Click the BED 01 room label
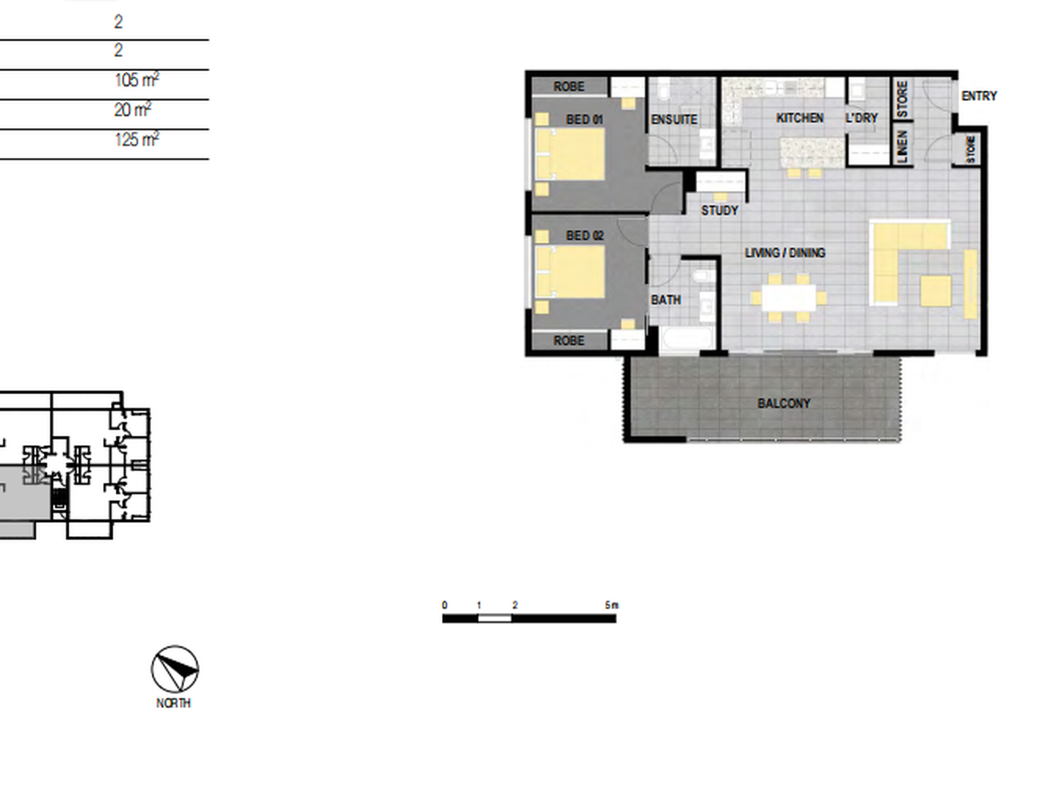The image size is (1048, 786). click(585, 120)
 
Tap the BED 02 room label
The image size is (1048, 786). click(585, 236)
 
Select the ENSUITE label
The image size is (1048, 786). click(674, 120)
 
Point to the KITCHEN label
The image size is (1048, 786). click(800, 118)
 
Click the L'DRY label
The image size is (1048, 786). click(862, 118)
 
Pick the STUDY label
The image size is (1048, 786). click(720, 211)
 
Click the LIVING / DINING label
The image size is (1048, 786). click(785, 253)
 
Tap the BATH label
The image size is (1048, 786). click(666, 300)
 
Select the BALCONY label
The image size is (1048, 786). click(784, 404)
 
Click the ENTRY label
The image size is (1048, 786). click(979, 96)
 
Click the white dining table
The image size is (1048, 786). click(789, 298)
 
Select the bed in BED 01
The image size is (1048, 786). click(570, 154)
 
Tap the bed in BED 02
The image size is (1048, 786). click(570, 272)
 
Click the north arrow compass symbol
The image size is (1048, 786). click(175, 669)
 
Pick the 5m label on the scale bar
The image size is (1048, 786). click(612, 605)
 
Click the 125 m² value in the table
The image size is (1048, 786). click(137, 139)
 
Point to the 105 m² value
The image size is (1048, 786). click(137, 79)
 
